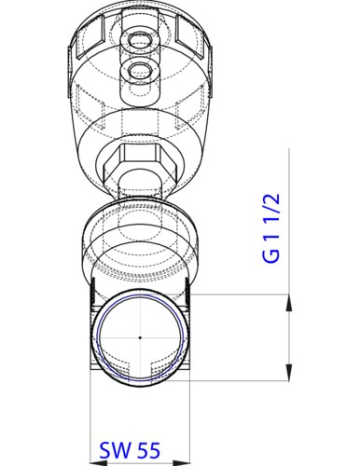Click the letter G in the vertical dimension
tap(270, 254)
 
